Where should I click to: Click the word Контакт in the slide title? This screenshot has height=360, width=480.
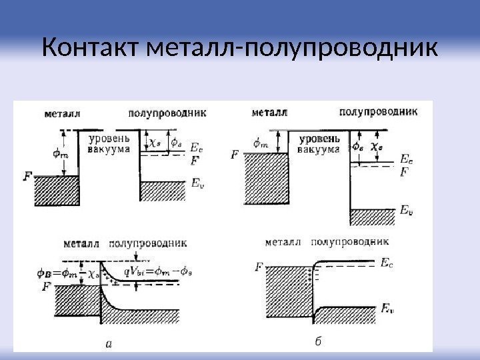tap(93, 49)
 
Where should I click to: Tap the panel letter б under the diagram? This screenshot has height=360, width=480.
tap(318, 343)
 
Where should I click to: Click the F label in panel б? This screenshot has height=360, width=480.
tap(259, 268)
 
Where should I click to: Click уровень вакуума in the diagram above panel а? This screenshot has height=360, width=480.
tap(110, 145)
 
